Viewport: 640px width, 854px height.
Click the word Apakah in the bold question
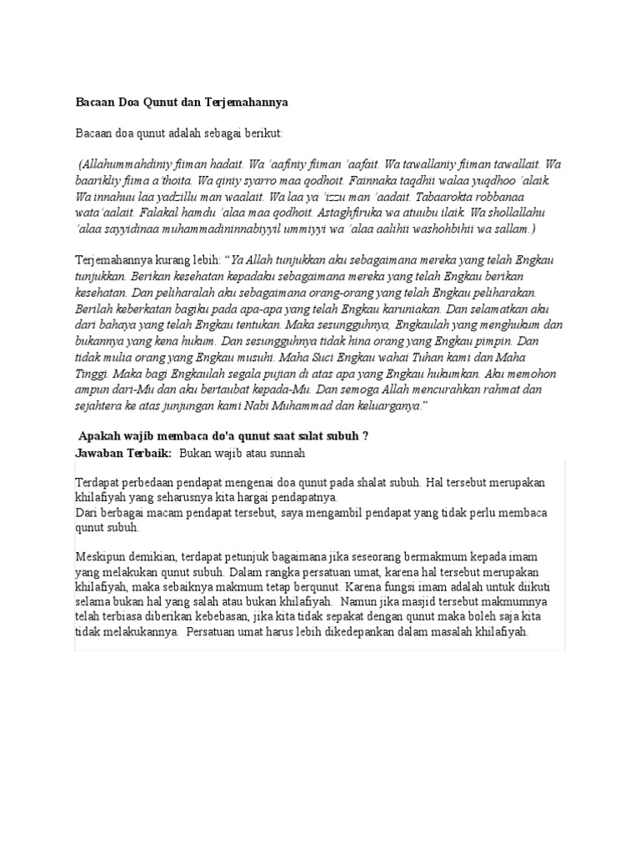(98, 436)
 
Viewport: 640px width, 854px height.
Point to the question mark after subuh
(365, 436)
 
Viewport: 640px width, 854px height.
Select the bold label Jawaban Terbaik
(123, 452)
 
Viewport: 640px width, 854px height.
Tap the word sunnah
(286, 452)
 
